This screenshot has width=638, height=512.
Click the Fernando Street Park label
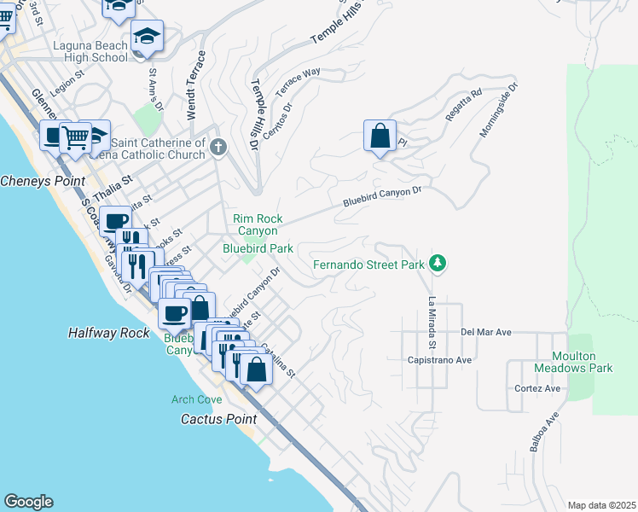pyautogui.click(x=368, y=265)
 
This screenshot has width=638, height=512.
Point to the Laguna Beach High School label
pyautogui.click(x=90, y=51)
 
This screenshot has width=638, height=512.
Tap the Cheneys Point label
pyautogui.click(x=43, y=181)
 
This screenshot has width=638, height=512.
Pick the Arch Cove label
pyautogui.click(x=196, y=399)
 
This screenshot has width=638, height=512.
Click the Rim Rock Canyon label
pyautogui.click(x=257, y=224)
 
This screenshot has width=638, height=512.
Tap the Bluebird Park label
pyautogui.click(x=258, y=248)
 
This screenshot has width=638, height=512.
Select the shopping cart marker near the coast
pyautogui.click(x=75, y=137)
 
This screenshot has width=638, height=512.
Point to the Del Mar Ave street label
pyautogui.click(x=485, y=331)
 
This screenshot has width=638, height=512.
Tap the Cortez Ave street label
pyautogui.click(x=537, y=388)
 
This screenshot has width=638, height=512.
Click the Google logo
pyautogui.click(x=28, y=502)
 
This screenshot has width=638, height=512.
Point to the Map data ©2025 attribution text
pyautogui.click(x=601, y=505)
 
